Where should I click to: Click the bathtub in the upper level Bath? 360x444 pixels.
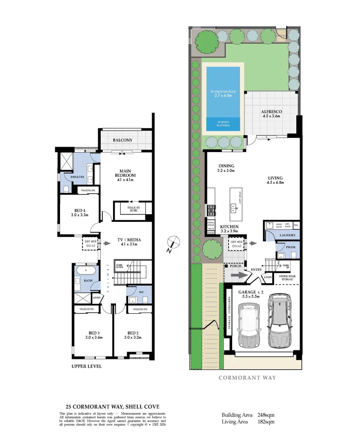click(85, 271)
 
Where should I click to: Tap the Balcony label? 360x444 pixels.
click(122, 140)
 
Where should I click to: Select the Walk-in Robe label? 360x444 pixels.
click(132, 209)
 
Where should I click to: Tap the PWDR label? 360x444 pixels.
click(291, 247)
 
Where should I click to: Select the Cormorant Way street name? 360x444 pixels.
click(247, 378)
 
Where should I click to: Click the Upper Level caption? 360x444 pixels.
click(86, 366)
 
